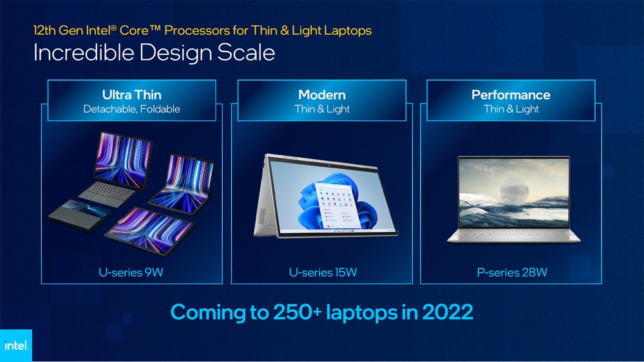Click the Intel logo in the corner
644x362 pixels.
(16, 345)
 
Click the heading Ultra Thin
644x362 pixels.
(132, 95)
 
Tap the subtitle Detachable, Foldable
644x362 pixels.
(132, 109)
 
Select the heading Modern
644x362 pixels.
(322, 95)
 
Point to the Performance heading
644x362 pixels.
(511, 95)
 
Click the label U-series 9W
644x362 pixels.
(131, 272)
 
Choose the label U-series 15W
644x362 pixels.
(323, 272)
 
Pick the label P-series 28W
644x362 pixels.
(512, 272)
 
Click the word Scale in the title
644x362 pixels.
(246, 53)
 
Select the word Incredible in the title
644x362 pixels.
(84, 53)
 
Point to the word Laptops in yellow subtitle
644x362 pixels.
(348, 30)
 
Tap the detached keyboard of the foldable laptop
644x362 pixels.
(108, 193)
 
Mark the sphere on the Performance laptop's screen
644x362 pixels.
(514, 191)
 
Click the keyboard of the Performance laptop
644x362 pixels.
(514, 233)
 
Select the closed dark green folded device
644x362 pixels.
(80, 214)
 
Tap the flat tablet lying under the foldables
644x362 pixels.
(149, 230)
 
